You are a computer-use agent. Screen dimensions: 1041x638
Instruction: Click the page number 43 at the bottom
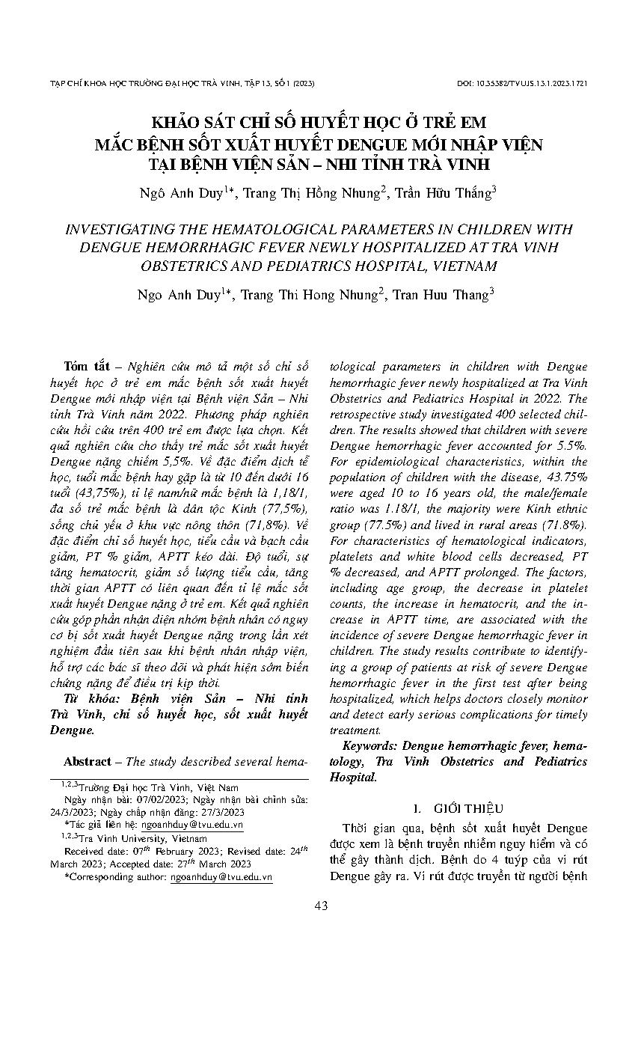click(321, 906)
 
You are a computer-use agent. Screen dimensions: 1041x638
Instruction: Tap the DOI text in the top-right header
click(521, 83)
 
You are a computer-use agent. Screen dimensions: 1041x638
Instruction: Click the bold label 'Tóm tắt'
click(87, 366)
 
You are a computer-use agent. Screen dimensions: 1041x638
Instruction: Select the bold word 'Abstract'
click(87, 761)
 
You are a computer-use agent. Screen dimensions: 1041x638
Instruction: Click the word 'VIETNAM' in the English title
click(461, 265)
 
